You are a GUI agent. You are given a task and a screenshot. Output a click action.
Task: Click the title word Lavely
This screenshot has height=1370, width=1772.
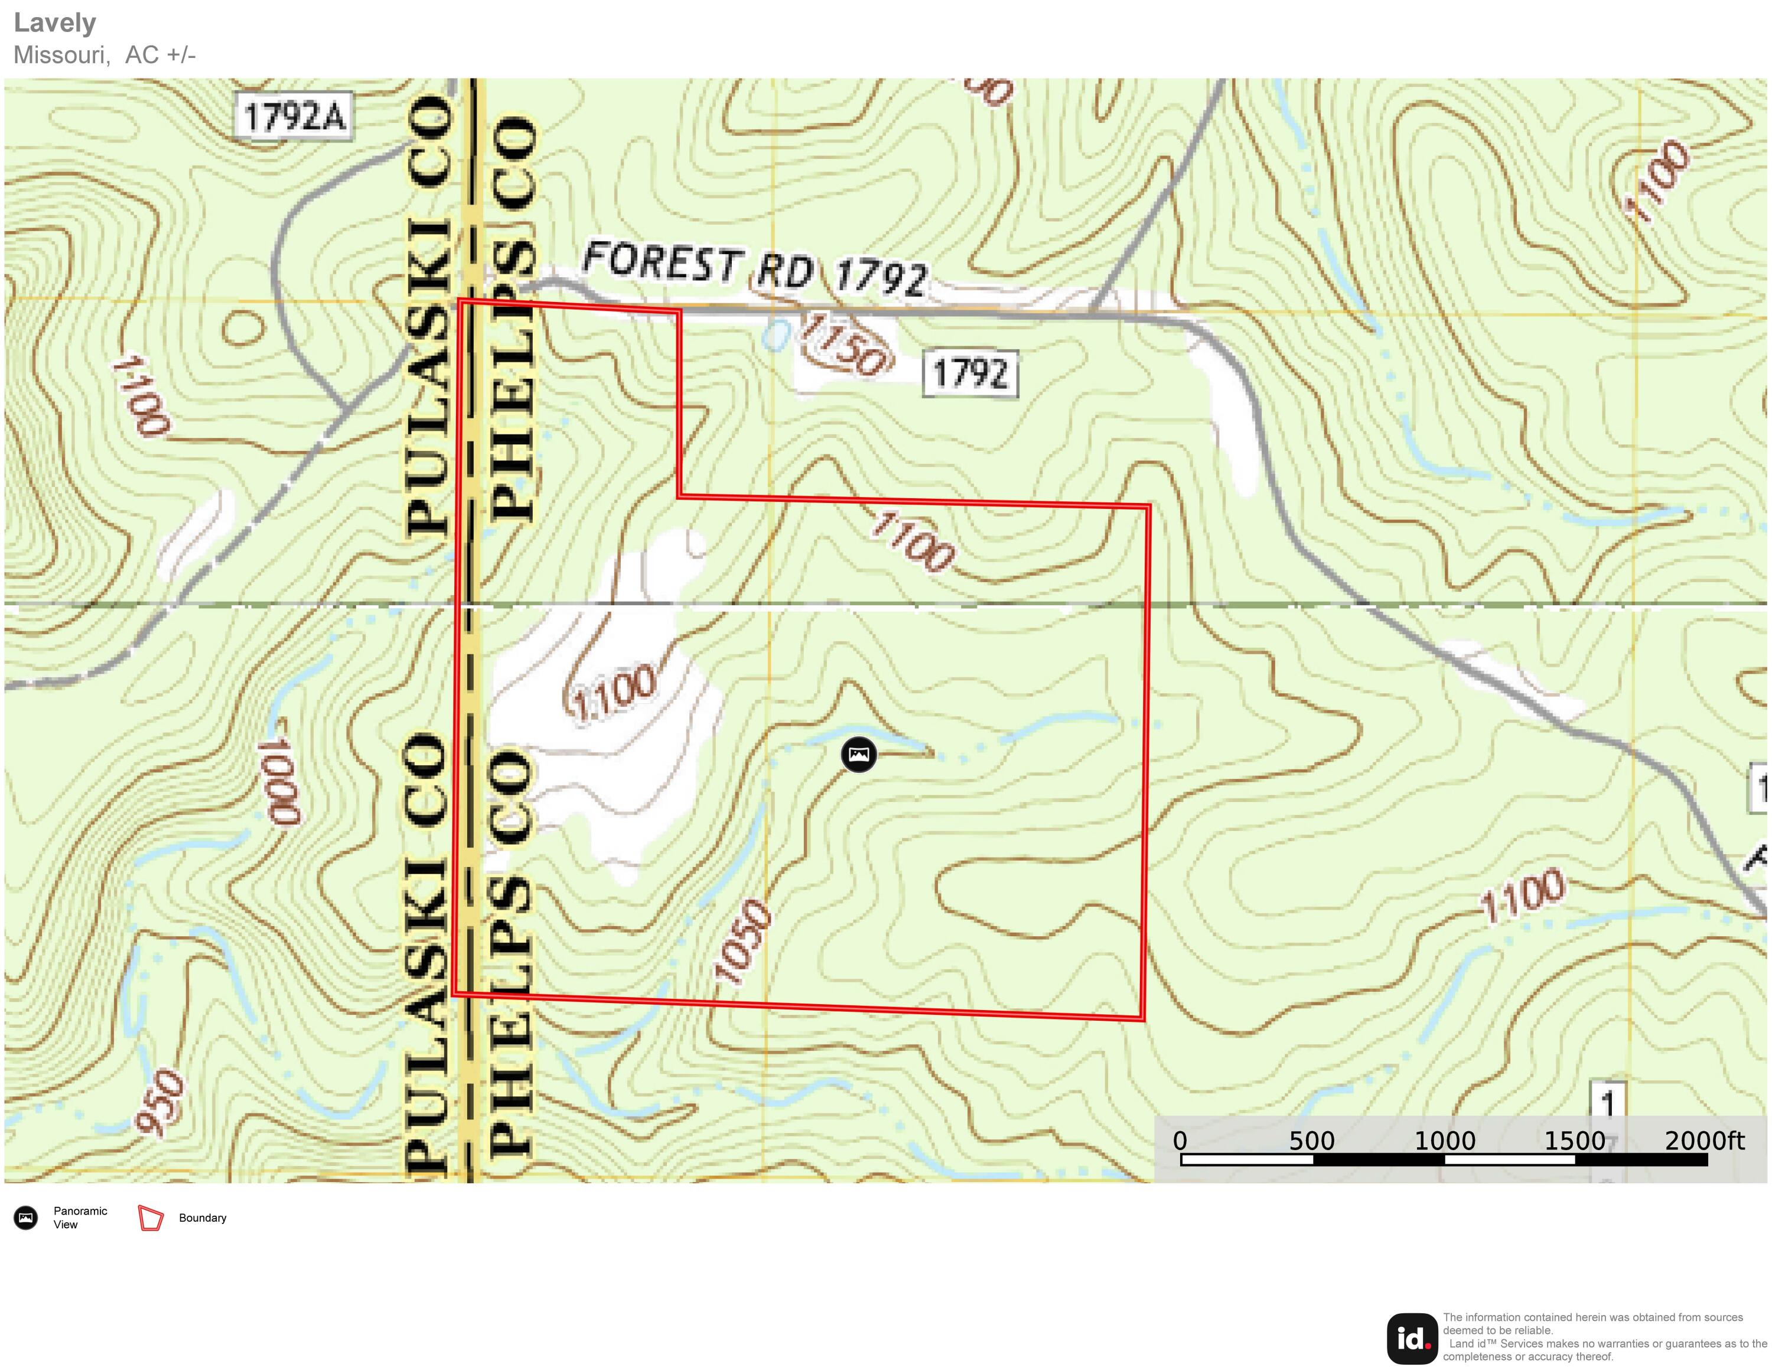click(x=54, y=22)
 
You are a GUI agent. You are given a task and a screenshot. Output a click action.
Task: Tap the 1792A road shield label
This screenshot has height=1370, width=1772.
click(x=294, y=117)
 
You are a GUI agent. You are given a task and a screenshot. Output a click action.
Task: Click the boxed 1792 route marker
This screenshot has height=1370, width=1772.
click(x=970, y=374)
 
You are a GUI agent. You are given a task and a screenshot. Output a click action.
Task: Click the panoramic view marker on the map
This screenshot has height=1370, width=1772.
click(x=858, y=755)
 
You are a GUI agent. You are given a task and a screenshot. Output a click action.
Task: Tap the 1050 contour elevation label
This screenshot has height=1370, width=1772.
click(x=742, y=942)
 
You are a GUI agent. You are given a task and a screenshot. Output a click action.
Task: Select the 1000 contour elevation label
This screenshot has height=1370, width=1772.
click(x=281, y=781)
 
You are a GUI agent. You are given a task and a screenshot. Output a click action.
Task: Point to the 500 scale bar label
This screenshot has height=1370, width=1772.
click(x=1312, y=1140)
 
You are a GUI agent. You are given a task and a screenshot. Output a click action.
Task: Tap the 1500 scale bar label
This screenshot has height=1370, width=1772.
click(x=1574, y=1140)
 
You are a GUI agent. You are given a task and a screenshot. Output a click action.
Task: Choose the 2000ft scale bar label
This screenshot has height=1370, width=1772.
click(x=1704, y=1140)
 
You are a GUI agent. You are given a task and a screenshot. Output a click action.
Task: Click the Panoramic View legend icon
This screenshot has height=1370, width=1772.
click(x=26, y=1218)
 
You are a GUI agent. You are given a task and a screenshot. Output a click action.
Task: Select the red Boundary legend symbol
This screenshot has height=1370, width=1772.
click(x=151, y=1218)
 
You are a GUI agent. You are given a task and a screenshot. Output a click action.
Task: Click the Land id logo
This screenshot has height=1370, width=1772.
click(x=1412, y=1338)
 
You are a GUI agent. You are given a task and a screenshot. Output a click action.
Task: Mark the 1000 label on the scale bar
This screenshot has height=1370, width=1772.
click(x=1444, y=1140)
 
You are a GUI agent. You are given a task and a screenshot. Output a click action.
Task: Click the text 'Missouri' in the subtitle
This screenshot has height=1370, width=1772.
click(x=61, y=55)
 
